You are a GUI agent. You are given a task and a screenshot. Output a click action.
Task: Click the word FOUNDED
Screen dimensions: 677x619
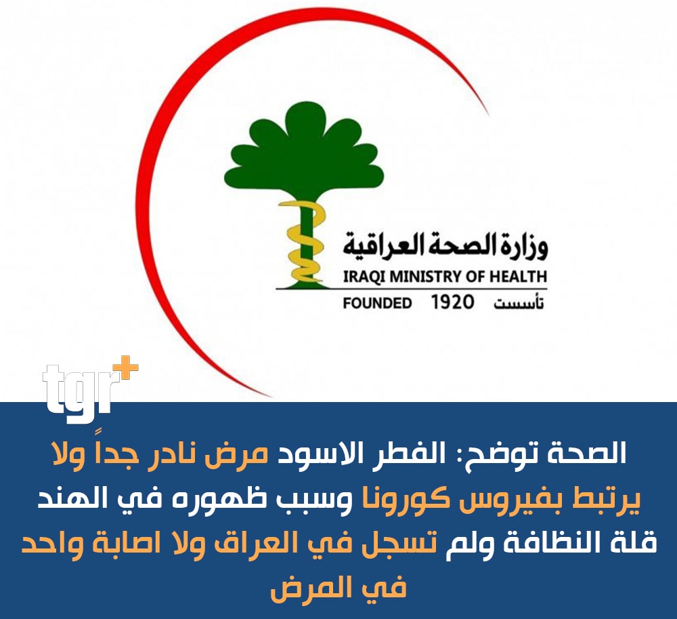[x=377, y=303]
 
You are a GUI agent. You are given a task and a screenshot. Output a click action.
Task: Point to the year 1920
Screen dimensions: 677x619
[x=452, y=302]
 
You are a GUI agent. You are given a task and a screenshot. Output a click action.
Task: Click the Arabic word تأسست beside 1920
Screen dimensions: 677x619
[x=519, y=303]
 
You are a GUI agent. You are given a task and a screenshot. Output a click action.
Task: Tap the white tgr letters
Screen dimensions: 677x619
[x=78, y=388]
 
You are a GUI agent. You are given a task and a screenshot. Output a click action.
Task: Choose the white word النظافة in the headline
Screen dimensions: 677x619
[x=562, y=542]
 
